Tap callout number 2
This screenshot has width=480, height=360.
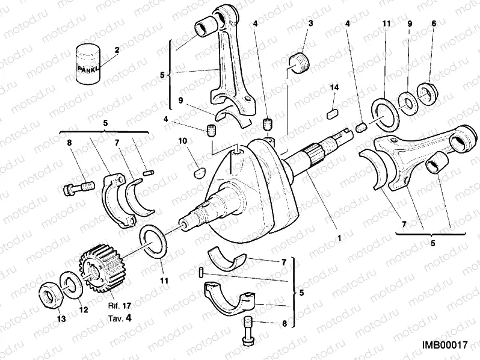[x=116, y=49]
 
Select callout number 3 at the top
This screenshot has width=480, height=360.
[x=311, y=23]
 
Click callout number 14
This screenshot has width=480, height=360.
[x=335, y=88]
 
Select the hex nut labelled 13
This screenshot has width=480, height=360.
[x=49, y=293]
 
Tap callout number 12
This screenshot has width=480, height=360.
[x=83, y=310]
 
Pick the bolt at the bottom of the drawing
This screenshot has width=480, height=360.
[x=247, y=333]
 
